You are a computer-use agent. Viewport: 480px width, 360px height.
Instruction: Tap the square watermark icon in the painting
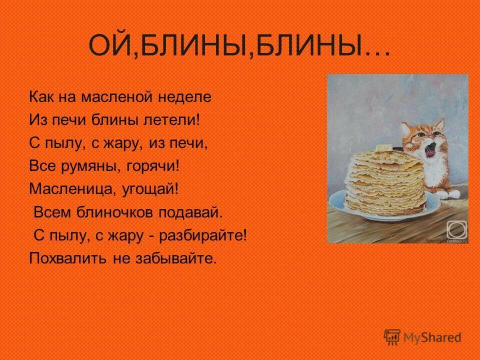pos(456,230)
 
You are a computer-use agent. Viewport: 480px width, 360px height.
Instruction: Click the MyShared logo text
pos(432,337)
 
